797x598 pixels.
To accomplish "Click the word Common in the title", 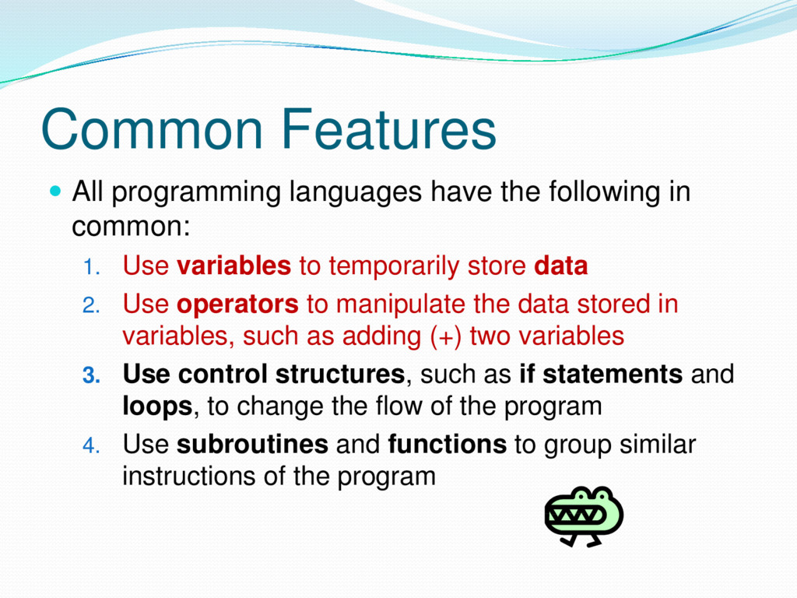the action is [x=153, y=129].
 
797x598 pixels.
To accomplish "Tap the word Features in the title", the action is [x=389, y=129].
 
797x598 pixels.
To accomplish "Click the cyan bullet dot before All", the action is [x=55, y=192].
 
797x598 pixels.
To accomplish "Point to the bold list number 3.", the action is [x=92, y=375].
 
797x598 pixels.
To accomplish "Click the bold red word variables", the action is [x=233, y=266].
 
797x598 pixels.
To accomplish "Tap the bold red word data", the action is [x=561, y=266].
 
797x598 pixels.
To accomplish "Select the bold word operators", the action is [x=237, y=305].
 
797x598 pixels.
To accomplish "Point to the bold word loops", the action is [x=157, y=406].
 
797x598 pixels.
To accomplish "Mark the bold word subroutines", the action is [x=252, y=444].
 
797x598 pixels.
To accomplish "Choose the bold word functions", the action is [x=448, y=444].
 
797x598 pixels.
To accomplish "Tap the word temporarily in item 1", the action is [x=394, y=266].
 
